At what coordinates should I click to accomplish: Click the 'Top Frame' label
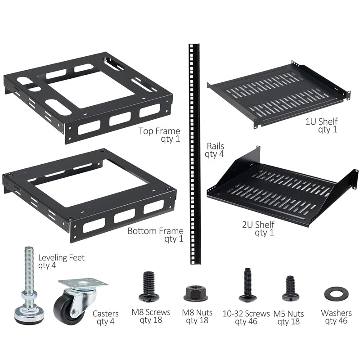159,131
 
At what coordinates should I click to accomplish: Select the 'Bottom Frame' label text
155,231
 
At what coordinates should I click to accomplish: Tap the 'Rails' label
215,146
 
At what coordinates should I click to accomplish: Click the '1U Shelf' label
321,121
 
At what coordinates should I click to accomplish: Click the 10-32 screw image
247,285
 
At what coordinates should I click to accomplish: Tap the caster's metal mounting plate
83,283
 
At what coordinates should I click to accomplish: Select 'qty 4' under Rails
215,154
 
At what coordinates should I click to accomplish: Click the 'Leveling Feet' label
61,258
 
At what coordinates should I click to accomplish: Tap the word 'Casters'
106,313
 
